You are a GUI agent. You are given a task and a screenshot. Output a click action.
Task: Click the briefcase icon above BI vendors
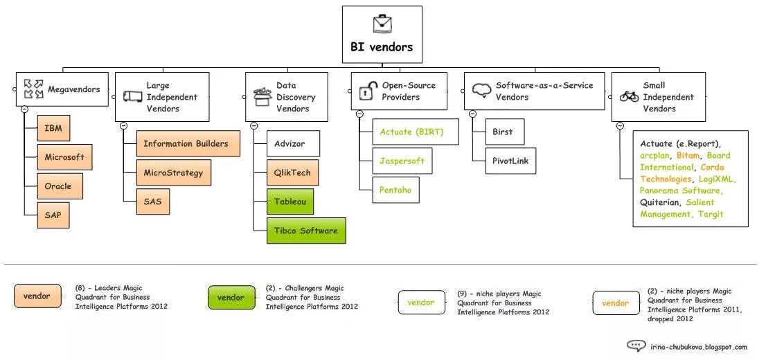coord(382,24)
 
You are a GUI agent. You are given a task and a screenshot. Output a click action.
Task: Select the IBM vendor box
coord(53,128)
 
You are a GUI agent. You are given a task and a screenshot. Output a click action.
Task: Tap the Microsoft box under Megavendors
coord(64,157)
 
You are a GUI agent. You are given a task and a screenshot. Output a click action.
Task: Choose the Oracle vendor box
coord(58,186)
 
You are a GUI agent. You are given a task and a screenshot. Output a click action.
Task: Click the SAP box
coord(53,215)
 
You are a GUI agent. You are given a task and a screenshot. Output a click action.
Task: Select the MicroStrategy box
coord(173,172)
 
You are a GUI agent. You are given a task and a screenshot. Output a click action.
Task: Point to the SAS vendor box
coord(153,201)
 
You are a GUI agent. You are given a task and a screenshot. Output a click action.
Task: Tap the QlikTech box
coord(293,173)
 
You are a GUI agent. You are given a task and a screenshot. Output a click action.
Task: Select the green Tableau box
coord(290,201)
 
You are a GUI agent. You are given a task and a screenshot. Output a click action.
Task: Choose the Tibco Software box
coord(306,231)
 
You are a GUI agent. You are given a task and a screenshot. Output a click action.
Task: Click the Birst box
coord(504,132)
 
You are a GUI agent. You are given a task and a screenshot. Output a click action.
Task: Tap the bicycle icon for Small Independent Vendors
coord(630,97)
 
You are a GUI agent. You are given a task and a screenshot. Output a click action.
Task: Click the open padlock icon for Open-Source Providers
coord(368,91)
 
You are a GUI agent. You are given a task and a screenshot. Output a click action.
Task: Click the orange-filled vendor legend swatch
coord(37,296)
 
